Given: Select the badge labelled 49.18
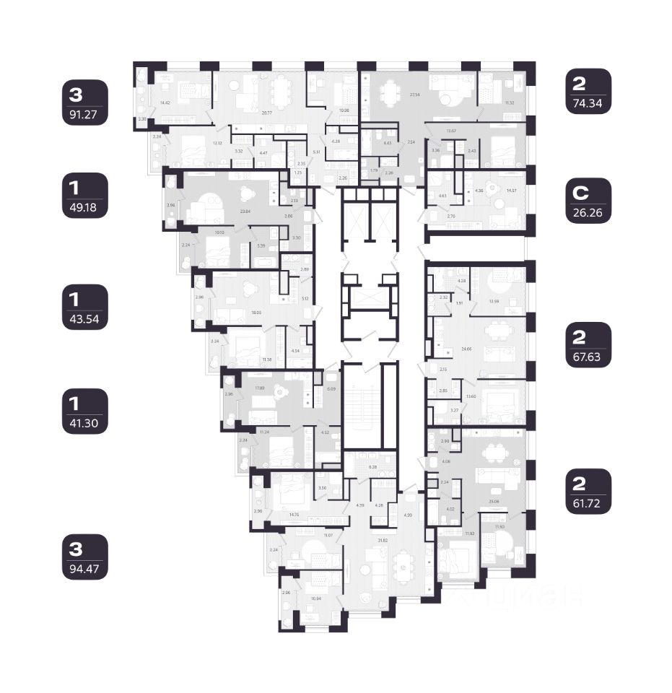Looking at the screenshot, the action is [85, 196].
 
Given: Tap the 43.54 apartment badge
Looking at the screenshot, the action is [85, 307].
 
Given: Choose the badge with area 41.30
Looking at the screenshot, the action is [85, 411].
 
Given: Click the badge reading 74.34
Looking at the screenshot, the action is [589, 92].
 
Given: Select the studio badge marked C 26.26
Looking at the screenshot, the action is [589, 203].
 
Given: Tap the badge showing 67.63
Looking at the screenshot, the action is [589, 345].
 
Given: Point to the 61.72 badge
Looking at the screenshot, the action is [589, 491].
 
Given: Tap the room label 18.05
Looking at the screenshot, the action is [256, 313].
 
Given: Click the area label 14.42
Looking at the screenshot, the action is [165, 103].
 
